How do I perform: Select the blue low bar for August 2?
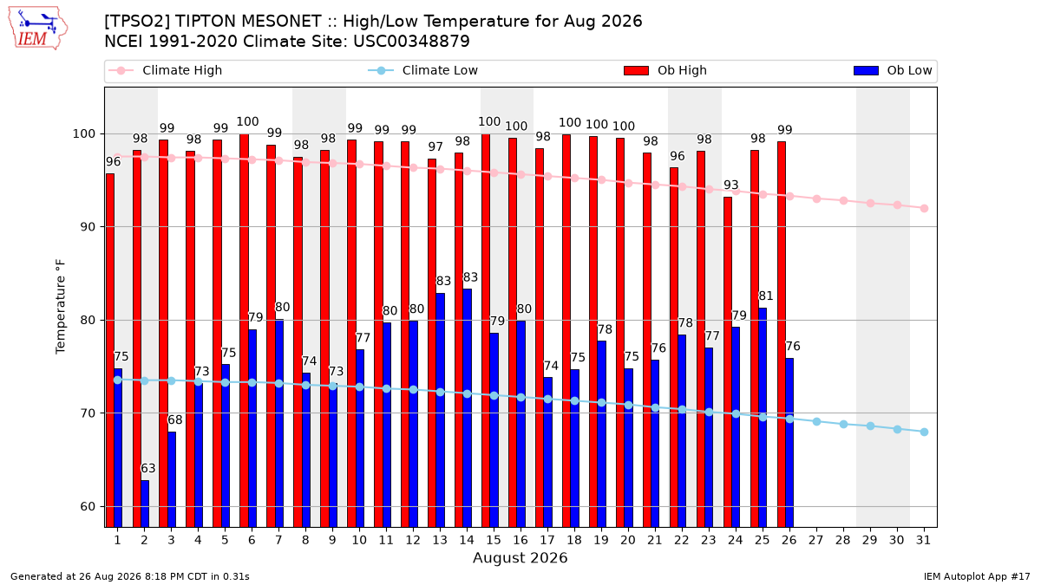coord(145,504)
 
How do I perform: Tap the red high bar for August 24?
coord(728,362)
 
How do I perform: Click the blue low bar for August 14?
coord(468,408)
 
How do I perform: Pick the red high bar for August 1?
coord(110,350)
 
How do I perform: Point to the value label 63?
coord(147,468)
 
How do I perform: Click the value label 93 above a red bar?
coord(731,185)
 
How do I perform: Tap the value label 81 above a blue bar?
coord(766,296)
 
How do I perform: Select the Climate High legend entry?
coord(165,70)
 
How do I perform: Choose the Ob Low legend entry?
coord(893,70)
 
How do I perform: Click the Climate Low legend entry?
coord(423,70)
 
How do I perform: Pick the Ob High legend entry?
coord(665,70)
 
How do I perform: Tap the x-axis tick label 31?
coord(923,541)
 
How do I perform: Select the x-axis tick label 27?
coord(816,541)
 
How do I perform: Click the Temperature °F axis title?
coord(61,307)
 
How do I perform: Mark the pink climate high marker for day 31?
coord(925,209)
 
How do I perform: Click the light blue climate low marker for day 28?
coord(843,425)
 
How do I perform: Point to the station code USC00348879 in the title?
coord(412,42)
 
